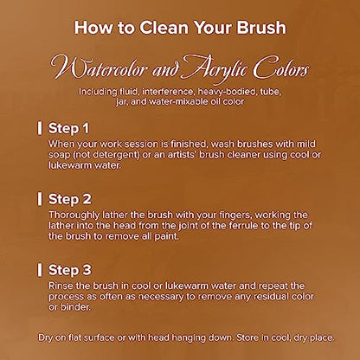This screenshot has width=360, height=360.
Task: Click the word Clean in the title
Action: point(164,28)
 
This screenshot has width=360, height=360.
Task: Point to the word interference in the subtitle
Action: point(168,92)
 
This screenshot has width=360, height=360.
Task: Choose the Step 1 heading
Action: point(68,129)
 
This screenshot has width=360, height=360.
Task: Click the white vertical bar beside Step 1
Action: point(40,128)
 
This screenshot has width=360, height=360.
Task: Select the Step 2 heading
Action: point(69,199)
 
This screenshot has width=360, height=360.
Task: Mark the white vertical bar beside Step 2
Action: point(40,199)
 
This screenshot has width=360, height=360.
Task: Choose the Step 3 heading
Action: point(69,270)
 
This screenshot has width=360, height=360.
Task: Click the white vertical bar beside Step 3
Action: point(40,270)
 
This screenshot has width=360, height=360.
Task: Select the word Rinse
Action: point(61,286)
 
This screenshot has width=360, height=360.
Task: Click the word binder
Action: point(75,307)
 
